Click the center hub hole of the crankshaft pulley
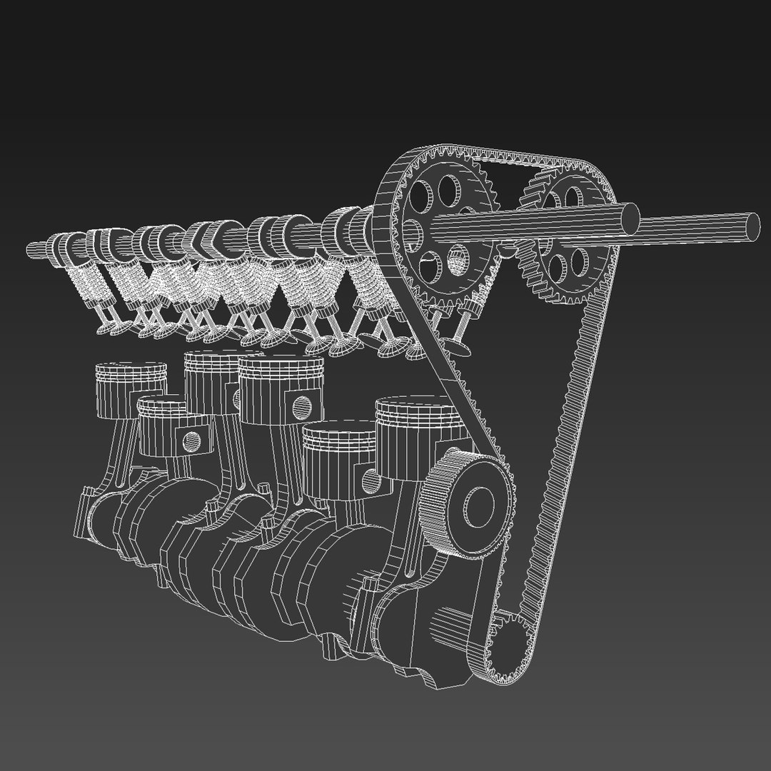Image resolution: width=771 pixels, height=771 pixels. pos(479,500)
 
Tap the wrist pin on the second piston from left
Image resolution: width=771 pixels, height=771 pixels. pos(192,441)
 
